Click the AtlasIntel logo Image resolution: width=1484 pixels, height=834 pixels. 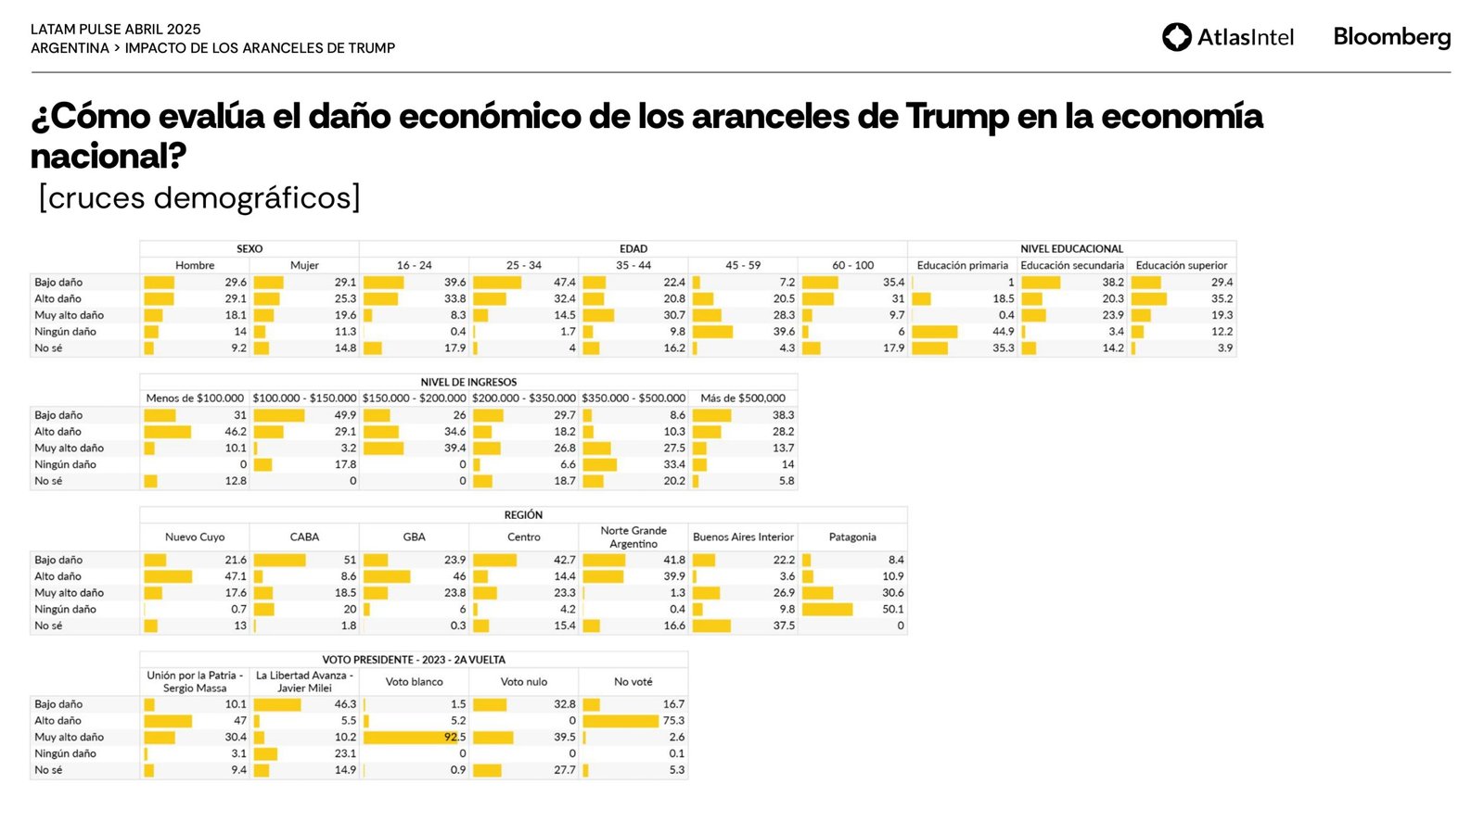[x=1227, y=37]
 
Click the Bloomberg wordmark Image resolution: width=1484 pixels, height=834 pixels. [x=1391, y=37]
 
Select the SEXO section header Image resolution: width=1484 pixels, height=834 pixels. [x=249, y=248]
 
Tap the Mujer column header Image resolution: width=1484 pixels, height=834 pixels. [x=304, y=265]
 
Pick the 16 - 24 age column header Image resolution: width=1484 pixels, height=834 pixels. [x=414, y=265]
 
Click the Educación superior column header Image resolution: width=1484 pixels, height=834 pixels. [x=1181, y=265]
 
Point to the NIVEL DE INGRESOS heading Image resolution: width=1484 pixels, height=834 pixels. [x=468, y=382]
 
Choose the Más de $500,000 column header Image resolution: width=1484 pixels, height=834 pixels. [x=743, y=398]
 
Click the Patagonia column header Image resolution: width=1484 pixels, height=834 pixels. [x=852, y=537]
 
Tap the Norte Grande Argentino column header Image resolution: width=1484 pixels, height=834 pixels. [x=633, y=537]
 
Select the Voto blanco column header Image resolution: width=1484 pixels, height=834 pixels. [x=414, y=681]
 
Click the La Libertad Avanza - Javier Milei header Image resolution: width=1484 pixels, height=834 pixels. [x=304, y=681]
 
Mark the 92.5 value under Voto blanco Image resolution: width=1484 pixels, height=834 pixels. [x=454, y=738]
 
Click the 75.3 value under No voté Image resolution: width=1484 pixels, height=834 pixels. [x=673, y=721]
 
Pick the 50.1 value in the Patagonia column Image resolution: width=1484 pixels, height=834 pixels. [x=892, y=610]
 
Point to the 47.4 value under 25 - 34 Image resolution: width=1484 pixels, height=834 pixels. [x=564, y=283]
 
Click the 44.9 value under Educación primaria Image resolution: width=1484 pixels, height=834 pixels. [x=1003, y=332]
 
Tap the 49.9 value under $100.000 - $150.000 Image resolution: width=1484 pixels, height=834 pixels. [x=345, y=415]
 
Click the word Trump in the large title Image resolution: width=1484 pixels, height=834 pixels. [x=956, y=117]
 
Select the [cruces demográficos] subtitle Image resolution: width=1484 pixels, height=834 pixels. [x=199, y=197]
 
